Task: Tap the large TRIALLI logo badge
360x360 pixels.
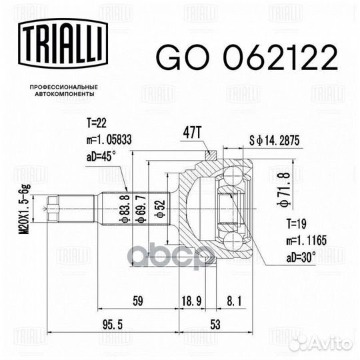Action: [x=63, y=43]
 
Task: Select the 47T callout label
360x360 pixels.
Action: [x=192, y=133]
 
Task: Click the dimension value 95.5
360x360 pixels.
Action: [x=113, y=325]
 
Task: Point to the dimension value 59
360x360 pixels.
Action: [x=138, y=301]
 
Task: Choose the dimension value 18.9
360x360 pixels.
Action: [x=191, y=301]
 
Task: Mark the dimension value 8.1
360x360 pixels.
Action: [x=234, y=301]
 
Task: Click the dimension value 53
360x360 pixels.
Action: [x=215, y=325]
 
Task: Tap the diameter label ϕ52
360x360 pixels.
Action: [x=160, y=209]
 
